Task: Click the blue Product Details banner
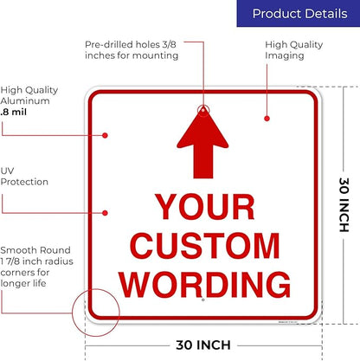[299, 13]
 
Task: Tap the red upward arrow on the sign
[202, 145]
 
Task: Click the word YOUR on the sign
[205, 207]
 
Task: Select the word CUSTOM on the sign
[205, 245]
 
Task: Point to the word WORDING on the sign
[205, 284]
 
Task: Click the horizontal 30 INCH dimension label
[203, 345]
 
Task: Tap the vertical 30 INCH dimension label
[344, 205]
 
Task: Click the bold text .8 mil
[14, 112]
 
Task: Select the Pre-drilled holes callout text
[132, 50]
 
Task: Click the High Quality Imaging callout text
[293, 50]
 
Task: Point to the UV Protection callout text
[24, 177]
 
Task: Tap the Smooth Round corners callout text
[36, 267]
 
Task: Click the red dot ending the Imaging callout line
[267, 119]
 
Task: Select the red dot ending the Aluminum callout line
[105, 135]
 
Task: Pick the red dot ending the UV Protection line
[105, 213]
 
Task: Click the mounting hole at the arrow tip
[203, 110]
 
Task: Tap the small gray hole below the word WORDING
[203, 300]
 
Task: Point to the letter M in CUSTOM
[267, 245]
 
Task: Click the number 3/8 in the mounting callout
[169, 44]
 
